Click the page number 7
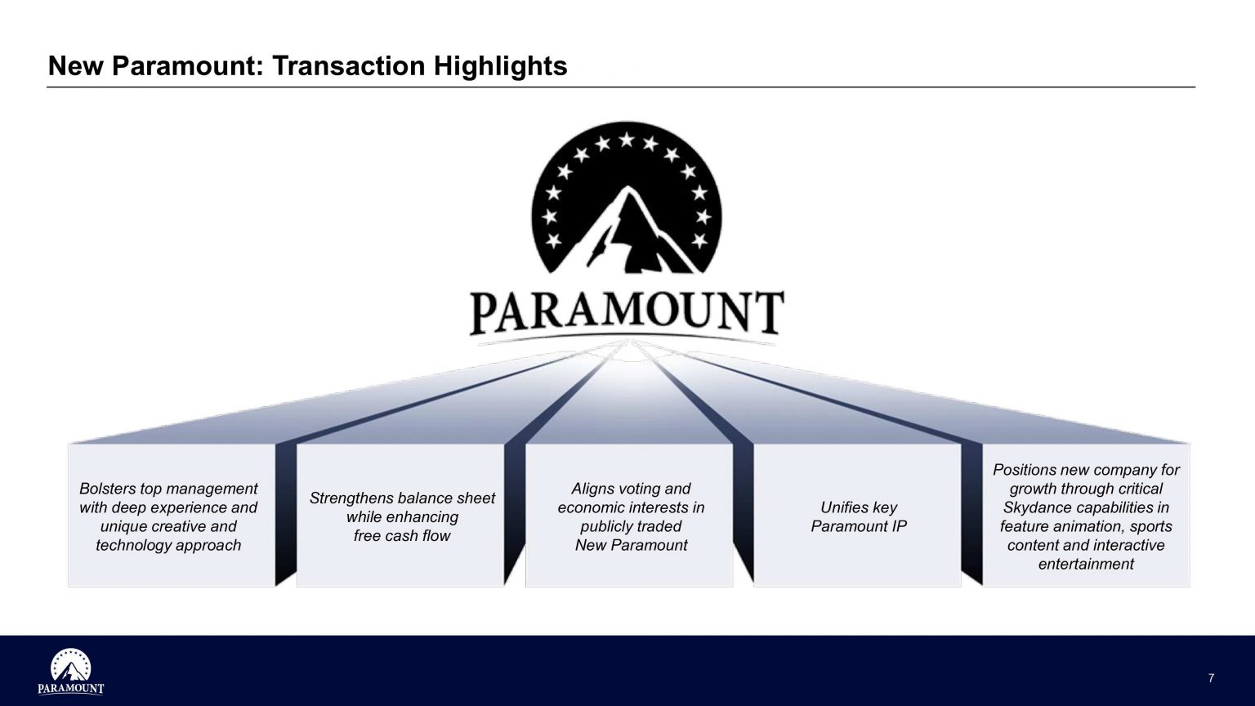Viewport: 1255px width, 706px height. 1211,678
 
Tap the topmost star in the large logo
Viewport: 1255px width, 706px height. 627,140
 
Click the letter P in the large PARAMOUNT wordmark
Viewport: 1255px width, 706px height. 487,314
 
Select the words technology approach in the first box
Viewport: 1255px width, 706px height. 168,545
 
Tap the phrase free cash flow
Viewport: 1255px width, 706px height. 402,535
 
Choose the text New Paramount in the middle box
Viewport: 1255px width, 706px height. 631,545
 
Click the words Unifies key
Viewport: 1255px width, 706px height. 858,507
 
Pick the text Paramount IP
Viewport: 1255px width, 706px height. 858,526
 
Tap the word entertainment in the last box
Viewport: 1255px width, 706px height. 1085,564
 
